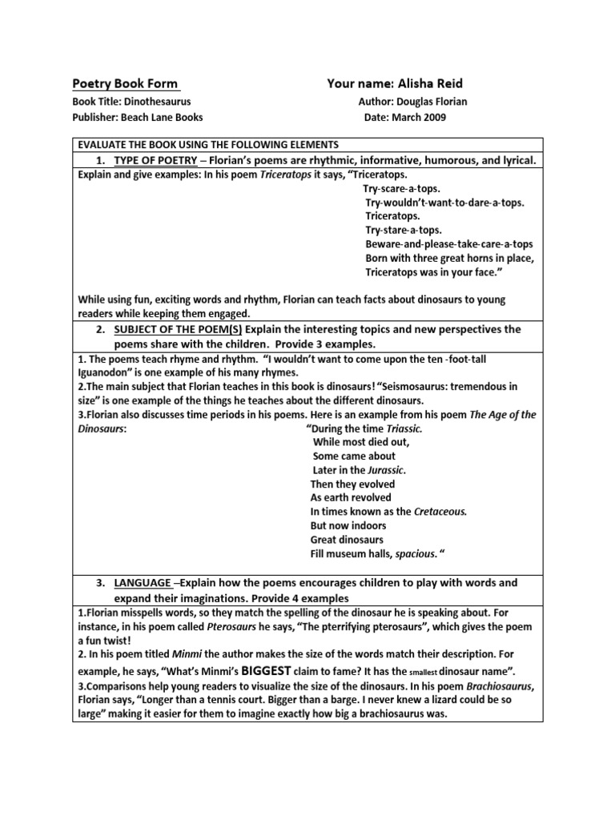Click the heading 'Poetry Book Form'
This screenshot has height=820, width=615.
pyautogui.click(x=126, y=83)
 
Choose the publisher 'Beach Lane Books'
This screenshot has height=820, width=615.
pyautogui.click(x=162, y=117)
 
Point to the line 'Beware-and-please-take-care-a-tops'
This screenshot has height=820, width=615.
pyautogui.click(x=449, y=243)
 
